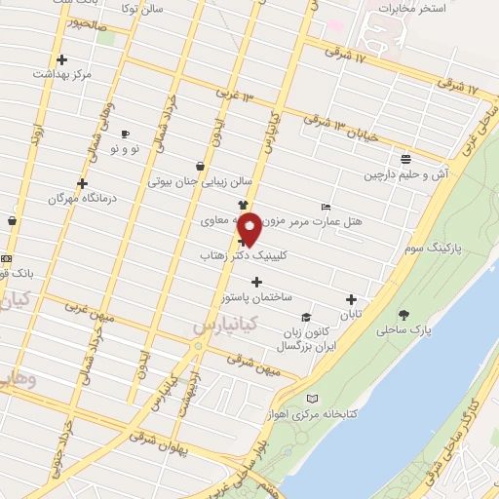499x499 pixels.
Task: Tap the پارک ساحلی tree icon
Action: click(404, 315)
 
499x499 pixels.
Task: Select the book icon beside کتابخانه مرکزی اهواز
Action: click(312, 399)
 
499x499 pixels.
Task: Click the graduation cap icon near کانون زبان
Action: click(306, 318)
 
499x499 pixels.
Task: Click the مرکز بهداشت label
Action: click(61, 74)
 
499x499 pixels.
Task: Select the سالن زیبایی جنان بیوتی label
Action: click(200, 181)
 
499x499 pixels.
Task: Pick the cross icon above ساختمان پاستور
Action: click(256, 282)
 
